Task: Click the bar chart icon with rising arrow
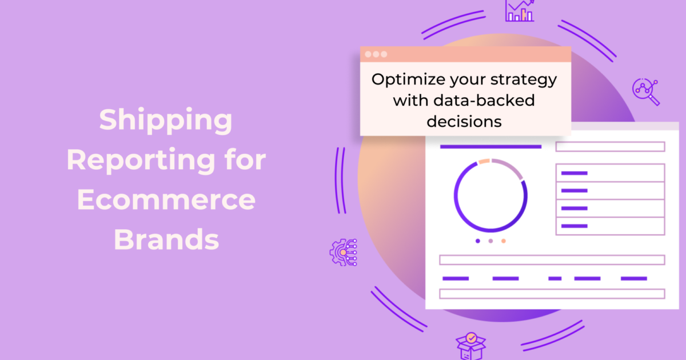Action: click(x=520, y=10)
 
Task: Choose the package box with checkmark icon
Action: click(x=470, y=346)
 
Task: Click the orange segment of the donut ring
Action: click(x=484, y=162)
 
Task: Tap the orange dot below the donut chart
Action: click(x=503, y=241)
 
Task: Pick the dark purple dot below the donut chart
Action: click(x=478, y=241)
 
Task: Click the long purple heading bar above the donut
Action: click(x=490, y=147)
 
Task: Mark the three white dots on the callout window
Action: click(x=376, y=54)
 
